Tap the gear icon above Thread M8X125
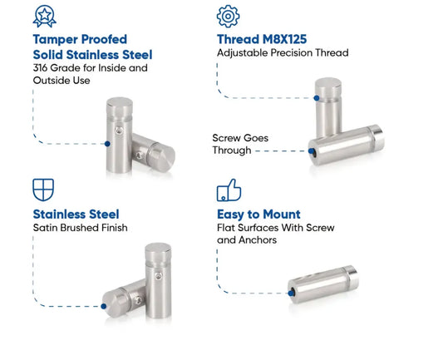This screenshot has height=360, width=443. tap(227, 16)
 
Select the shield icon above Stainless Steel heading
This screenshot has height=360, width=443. tap(42, 187)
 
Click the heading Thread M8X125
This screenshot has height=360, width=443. tap(261, 38)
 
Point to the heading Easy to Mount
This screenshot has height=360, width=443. tap(258, 214)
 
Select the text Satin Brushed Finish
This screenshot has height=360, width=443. tap(80, 228)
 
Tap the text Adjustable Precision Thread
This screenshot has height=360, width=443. tap(282, 53)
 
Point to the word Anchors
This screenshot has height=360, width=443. tap(257, 240)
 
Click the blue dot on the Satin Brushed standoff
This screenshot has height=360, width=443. tap(103, 306)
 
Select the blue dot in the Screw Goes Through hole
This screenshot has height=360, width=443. tap(313, 151)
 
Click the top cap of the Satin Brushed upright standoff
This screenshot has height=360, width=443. tap(158, 250)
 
